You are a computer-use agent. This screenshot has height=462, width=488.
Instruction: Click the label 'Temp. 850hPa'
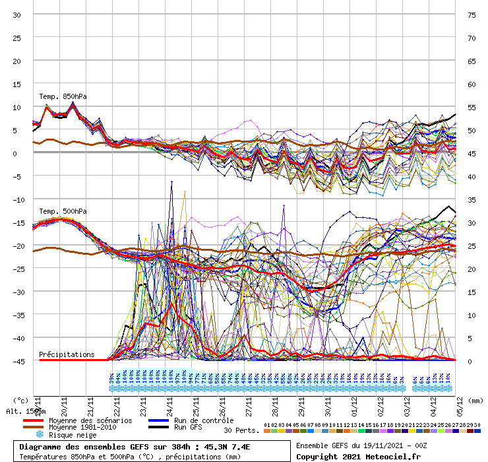(x=63, y=96)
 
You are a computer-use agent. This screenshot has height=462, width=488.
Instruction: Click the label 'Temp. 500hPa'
(x=63, y=211)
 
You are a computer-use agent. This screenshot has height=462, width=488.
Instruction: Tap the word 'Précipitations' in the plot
(x=67, y=354)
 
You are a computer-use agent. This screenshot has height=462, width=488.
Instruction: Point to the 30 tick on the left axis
(x=17, y=15)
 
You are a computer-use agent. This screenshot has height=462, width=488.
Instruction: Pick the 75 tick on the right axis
(x=472, y=15)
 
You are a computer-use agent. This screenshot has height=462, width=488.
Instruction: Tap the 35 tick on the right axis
(x=472, y=200)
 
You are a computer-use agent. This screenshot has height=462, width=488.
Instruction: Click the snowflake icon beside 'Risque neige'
(x=39, y=435)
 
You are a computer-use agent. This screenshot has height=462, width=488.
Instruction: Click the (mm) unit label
(x=474, y=400)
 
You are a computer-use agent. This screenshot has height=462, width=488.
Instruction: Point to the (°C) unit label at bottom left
(x=20, y=400)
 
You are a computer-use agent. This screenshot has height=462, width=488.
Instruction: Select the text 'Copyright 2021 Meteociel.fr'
(x=358, y=456)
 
